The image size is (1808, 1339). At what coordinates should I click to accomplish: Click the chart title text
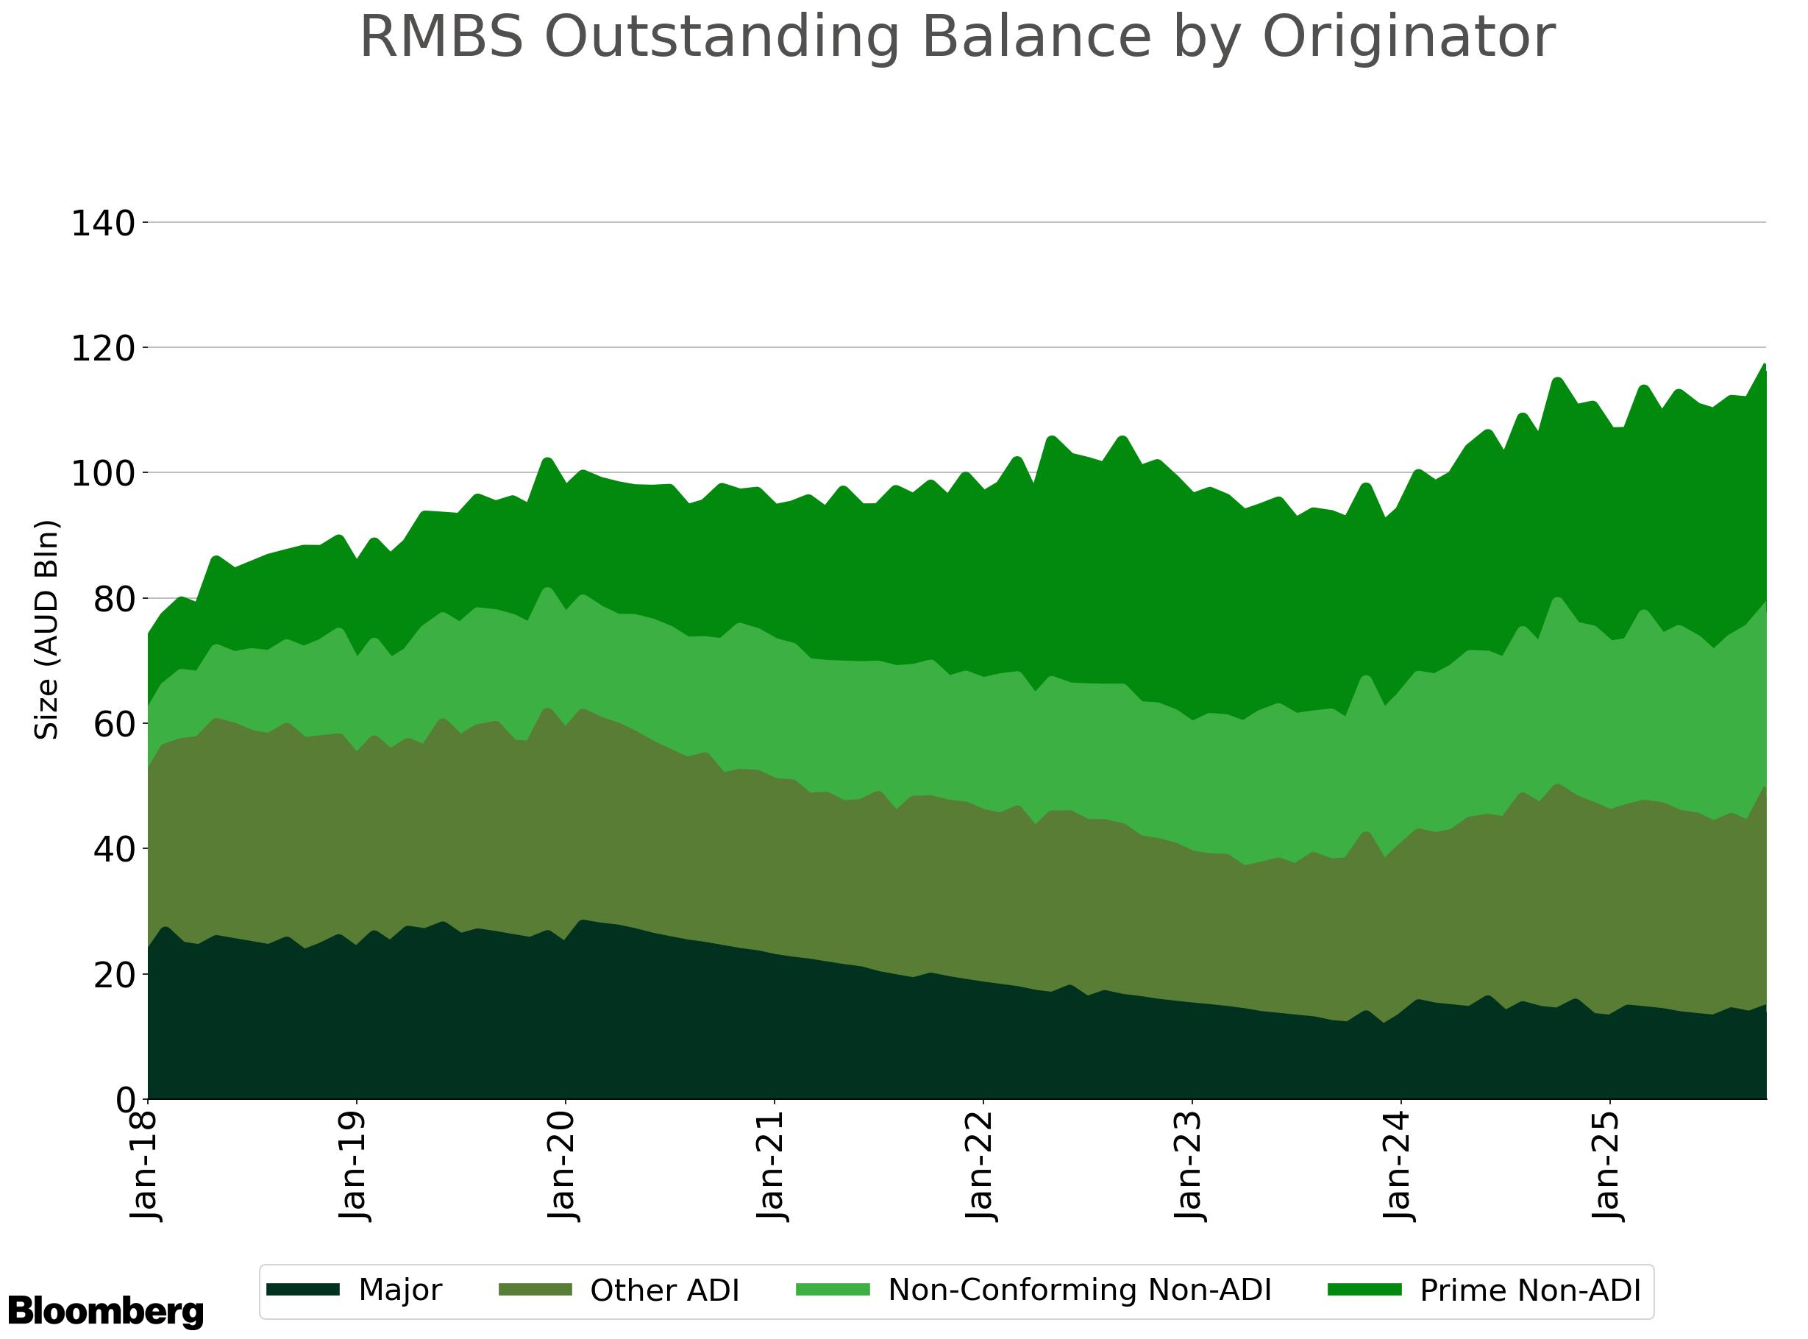pos(956,38)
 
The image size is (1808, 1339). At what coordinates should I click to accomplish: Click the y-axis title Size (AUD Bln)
pos(47,630)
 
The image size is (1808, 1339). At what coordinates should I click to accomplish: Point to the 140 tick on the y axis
pos(103,224)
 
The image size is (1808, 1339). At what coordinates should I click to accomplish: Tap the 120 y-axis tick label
pos(103,349)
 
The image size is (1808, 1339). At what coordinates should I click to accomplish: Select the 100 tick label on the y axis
pos(103,474)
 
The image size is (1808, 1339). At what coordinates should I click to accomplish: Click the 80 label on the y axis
pos(113,600)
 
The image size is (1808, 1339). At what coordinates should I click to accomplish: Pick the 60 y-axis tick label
pos(113,725)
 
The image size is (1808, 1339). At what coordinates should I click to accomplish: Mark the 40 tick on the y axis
pos(113,850)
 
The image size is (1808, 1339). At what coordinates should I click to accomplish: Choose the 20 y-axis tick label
pos(113,975)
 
